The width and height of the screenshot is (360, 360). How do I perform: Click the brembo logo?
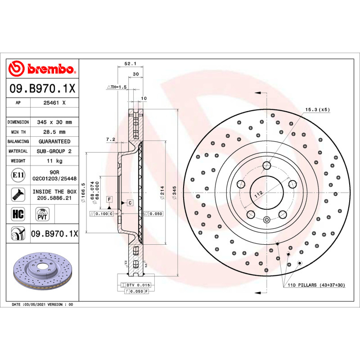click(42, 69)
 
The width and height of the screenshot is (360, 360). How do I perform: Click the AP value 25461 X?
click(54, 103)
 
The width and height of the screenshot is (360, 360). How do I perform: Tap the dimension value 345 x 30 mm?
click(54, 122)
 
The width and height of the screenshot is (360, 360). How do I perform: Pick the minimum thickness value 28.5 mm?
click(54, 132)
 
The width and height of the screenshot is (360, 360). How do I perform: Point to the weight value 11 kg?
click(54, 161)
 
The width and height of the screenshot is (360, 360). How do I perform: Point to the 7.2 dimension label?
click(111, 139)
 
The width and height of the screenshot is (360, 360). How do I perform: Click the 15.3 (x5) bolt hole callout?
click(318, 109)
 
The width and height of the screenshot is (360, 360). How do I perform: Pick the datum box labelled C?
click(130, 203)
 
